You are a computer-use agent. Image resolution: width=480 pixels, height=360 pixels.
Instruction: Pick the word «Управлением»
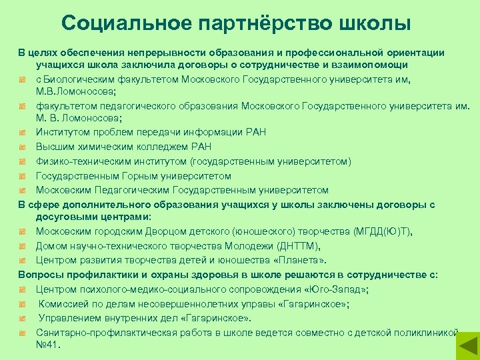[x=70, y=318]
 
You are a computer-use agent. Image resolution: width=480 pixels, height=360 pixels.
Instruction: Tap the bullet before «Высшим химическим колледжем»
[x=22, y=147]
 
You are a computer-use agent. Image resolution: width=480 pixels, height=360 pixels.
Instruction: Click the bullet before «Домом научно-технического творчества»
[x=22, y=246]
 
